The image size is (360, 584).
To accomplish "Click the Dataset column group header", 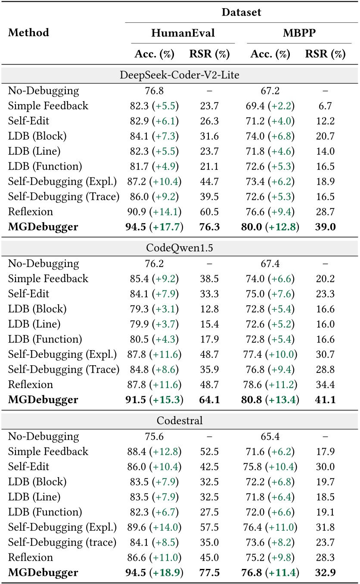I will [241, 12].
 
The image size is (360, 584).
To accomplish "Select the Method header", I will [28, 33].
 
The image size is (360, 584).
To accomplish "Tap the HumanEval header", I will [183, 33].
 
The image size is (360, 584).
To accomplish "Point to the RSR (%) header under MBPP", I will [325, 54].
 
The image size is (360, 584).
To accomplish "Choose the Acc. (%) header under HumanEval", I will [155, 54].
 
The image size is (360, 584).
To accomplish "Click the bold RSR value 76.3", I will [209, 227].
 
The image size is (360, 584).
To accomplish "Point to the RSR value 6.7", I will [325, 106].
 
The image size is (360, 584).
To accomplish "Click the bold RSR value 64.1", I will [209, 400].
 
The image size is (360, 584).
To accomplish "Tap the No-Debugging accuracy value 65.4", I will [267, 437].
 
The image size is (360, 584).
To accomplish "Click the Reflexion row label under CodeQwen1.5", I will [31, 385].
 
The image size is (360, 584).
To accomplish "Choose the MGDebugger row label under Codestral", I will [43, 573].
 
